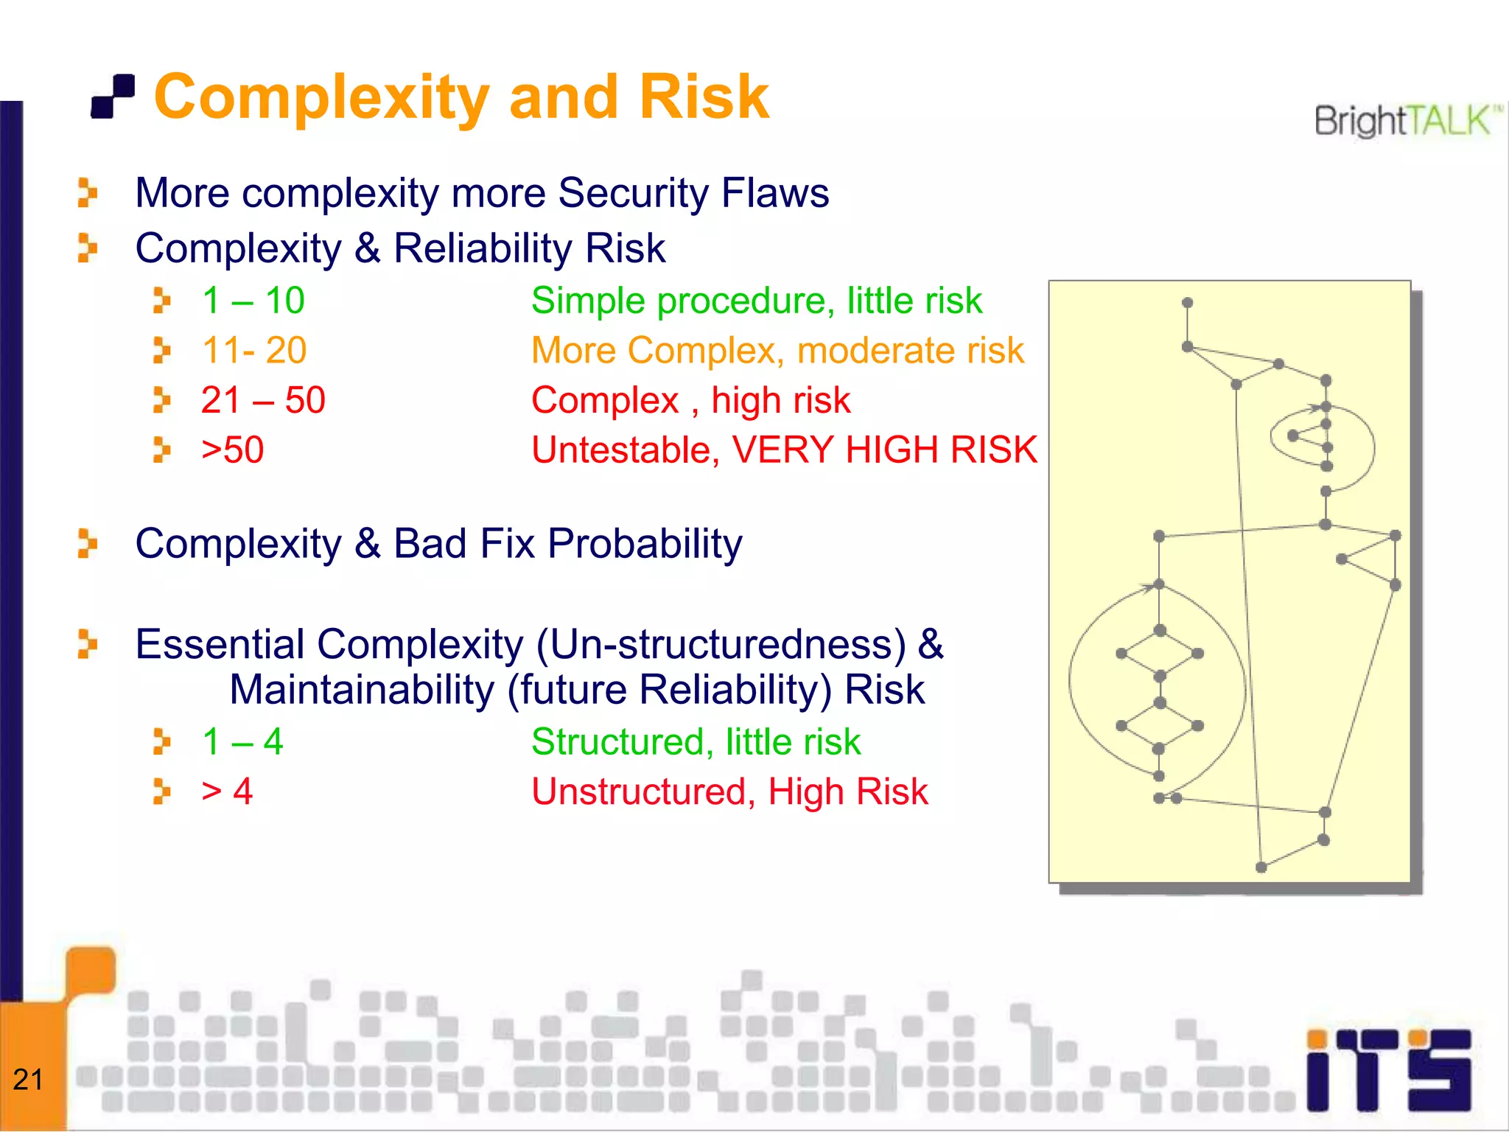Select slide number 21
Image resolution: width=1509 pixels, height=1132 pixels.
pos(28,1080)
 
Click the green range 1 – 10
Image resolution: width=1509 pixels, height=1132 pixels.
pos(253,301)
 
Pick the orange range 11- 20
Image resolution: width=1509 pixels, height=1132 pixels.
pos(253,350)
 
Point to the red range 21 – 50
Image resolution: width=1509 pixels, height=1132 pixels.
pos(262,400)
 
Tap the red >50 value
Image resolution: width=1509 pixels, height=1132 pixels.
pos(232,450)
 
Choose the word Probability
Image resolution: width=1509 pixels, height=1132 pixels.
pos(645,544)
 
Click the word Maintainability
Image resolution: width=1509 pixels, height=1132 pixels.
pos(362,690)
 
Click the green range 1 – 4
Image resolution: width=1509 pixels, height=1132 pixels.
pos(242,742)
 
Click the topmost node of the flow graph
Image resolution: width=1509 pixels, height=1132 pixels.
pos(1187,303)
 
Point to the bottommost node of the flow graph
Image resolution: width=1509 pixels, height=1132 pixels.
pos(1261,867)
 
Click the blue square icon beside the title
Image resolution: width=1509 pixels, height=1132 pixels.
pos(113,97)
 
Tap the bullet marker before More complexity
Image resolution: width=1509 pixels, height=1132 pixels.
pos(87,193)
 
